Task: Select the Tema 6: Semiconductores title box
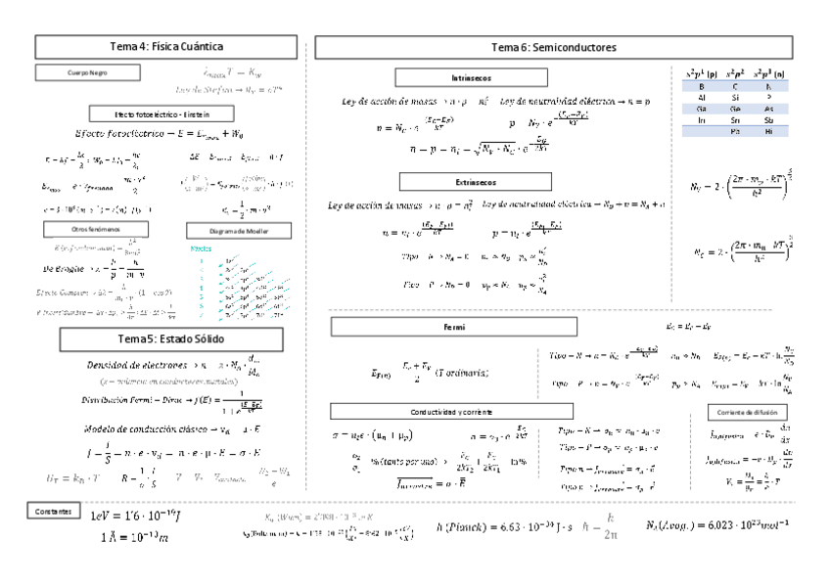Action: [554, 46]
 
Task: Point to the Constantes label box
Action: [49, 511]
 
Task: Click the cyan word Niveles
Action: [201, 248]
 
